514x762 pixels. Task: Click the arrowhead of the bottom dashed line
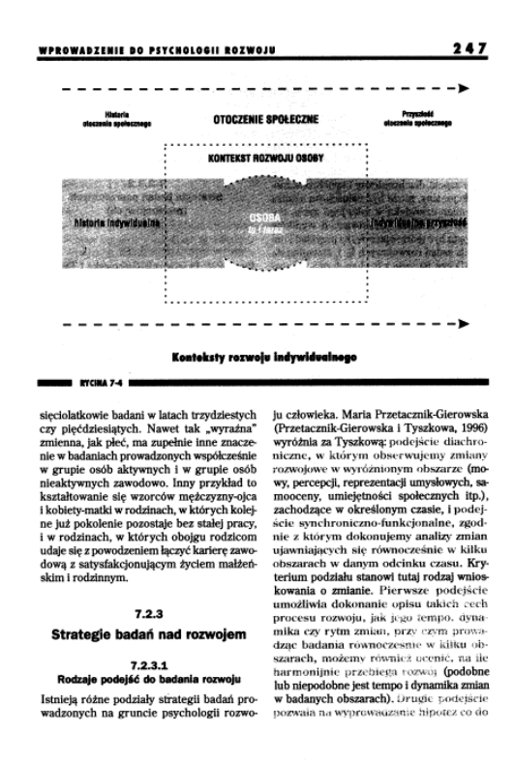pyautogui.click(x=465, y=320)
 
